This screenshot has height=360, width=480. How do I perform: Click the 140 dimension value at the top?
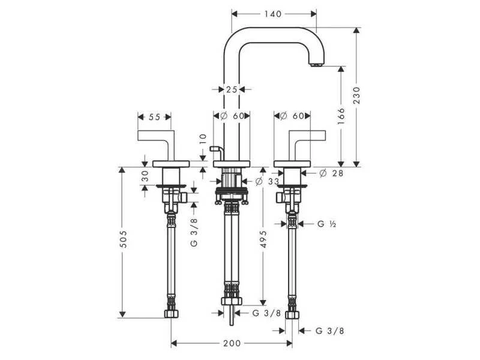pos(273,14)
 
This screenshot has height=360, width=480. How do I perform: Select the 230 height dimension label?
pos(357,95)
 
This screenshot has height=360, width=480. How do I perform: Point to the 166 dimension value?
pos(341,116)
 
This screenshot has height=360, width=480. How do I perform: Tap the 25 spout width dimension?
pos(232,89)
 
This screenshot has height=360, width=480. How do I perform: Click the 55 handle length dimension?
pos(154,117)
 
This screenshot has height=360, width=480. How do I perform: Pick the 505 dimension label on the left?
pos(123,239)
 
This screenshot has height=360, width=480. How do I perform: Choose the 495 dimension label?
pos(263,239)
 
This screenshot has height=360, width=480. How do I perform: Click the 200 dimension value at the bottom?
pos(232,343)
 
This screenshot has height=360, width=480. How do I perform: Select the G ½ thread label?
pos(327,224)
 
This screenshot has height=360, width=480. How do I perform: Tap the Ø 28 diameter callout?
pos(331,173)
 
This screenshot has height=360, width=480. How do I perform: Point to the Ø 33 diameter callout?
pos(267,182)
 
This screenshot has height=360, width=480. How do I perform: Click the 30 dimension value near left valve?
pos(145,176)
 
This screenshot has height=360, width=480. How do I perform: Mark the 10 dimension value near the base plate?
pos(203,139)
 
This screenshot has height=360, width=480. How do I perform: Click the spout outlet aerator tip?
pos(316,65)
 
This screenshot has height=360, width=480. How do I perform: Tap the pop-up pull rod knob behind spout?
pos(216,149)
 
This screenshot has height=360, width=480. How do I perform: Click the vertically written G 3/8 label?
pos(194,233)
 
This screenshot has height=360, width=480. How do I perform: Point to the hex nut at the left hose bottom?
pos(171,313)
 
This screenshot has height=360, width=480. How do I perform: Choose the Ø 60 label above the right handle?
pos(292,116)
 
